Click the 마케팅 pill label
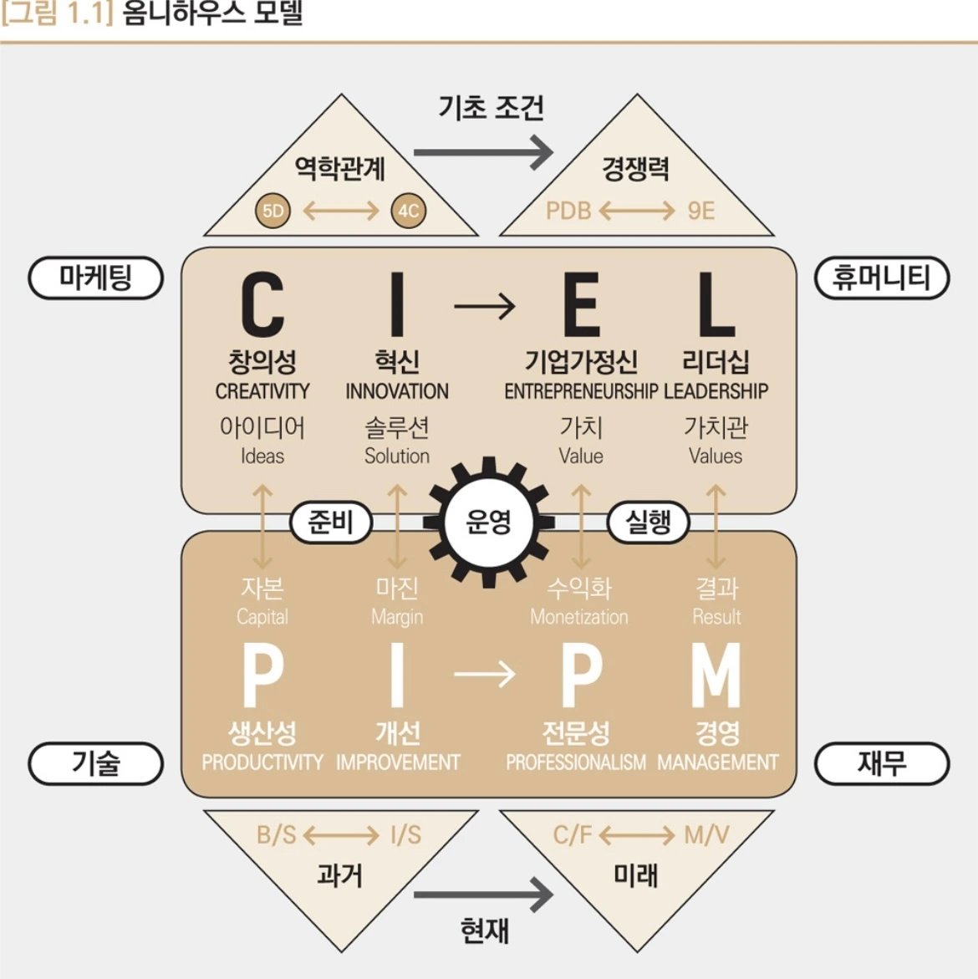[95, 278]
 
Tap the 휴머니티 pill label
[881, 278]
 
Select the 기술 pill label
[95, 763]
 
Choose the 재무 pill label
[881, 763]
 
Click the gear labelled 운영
[489, 522]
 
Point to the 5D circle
[273, 211]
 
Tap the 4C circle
[408, 211]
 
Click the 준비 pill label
[331, 522]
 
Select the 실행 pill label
[649, 522]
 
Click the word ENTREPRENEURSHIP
[581, 391]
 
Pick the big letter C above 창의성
[262, 306]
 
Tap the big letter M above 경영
[716, 676]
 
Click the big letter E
[582, 306]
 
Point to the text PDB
[568, 211]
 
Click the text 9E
[701, 211]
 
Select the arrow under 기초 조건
[483, 152]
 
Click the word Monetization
[579, 617]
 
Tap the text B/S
[277, 834]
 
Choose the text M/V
[706, 834]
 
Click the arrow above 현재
[483, 895]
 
